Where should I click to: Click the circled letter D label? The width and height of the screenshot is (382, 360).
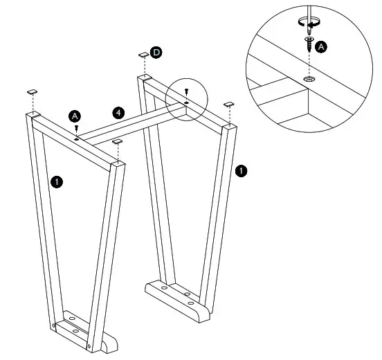[156, 53]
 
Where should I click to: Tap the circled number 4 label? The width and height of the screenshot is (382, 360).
[119, 112]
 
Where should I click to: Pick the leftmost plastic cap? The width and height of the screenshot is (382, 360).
[32, 91]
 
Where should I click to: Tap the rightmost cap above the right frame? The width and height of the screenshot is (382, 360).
[228, 105]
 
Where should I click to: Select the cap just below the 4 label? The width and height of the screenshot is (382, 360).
[116, 142]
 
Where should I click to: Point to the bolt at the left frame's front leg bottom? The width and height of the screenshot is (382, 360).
[89, 345]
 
